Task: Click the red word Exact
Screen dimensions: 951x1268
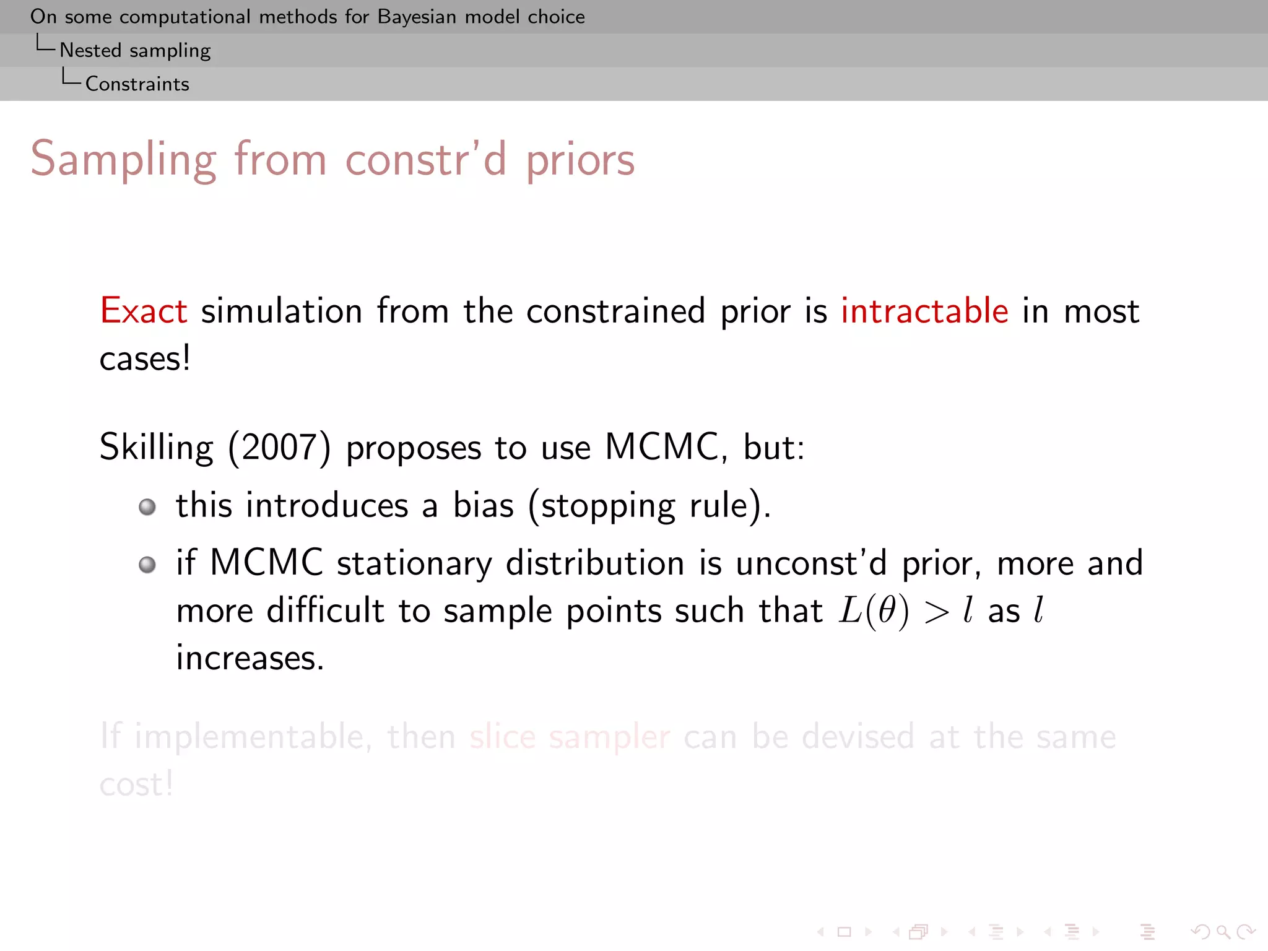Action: (143, 311)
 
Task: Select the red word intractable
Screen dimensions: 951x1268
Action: (924, 311)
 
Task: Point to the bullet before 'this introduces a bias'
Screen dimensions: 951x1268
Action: (147, 507)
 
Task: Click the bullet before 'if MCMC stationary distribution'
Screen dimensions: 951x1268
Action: (147, 565)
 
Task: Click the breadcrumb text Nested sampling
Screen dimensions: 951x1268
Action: (135, 50)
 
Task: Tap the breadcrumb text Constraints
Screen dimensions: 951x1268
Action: (137, 84)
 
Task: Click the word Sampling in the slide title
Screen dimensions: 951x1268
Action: (123, 160)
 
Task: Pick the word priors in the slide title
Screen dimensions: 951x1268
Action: (580, 160)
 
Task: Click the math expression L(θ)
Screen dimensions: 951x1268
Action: (874, 612)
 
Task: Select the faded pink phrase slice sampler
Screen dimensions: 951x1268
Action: (570, 737)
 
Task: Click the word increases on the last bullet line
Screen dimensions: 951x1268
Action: (250, 658)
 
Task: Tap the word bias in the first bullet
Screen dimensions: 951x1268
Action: (483, 505)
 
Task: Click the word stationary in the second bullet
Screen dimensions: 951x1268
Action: (414, 563)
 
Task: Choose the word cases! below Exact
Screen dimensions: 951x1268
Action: (145, 359)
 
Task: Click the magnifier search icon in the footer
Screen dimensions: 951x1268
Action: (1222, 932)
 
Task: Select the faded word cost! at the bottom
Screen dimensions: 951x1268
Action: (136, 784)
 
